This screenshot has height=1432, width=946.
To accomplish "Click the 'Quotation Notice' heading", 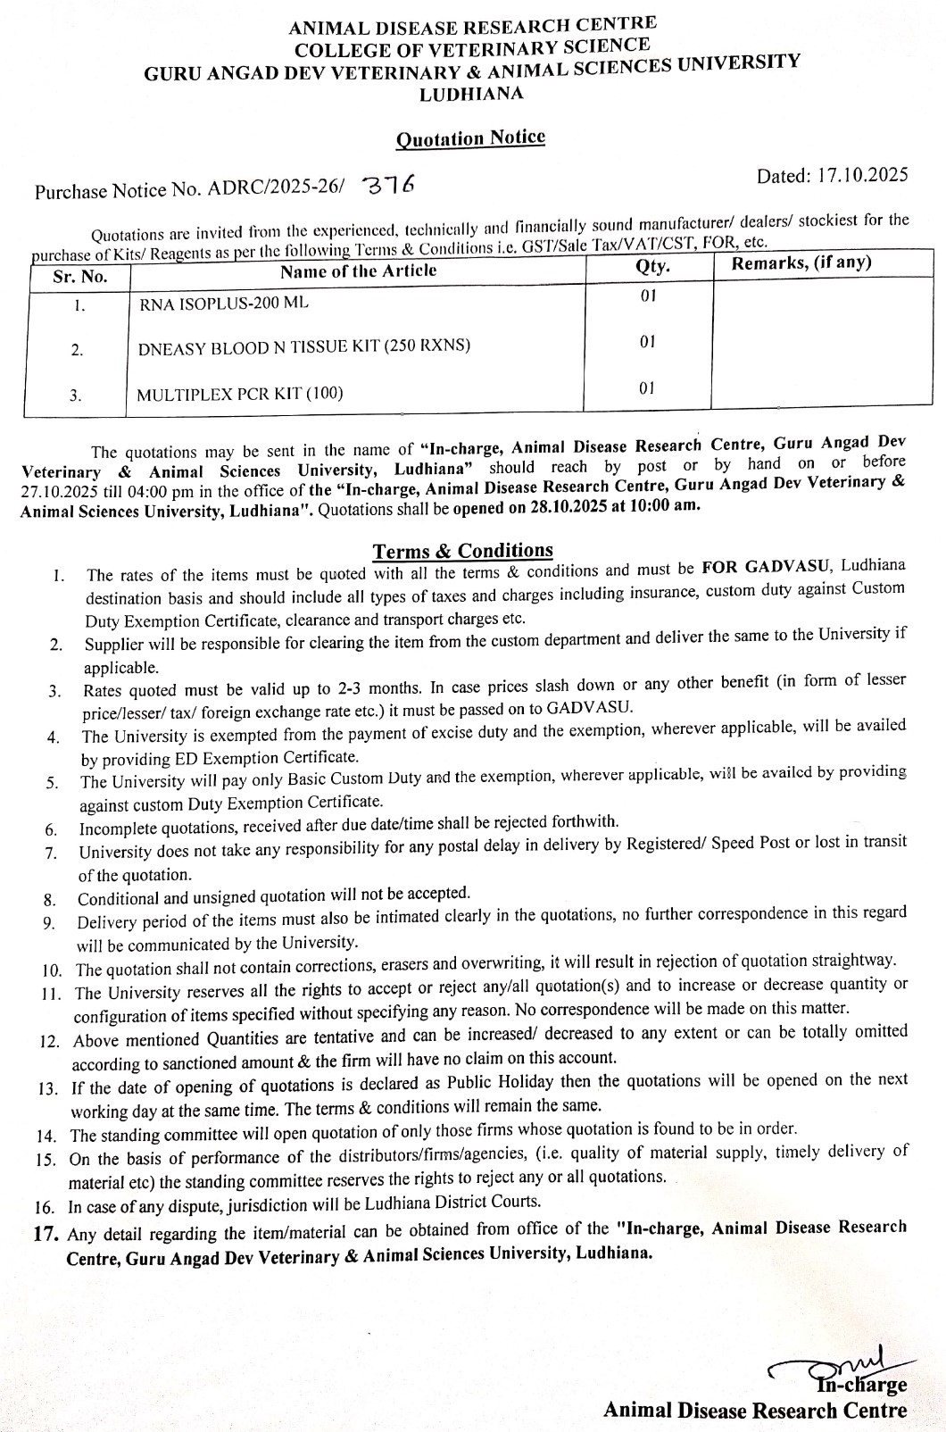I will (470, 138).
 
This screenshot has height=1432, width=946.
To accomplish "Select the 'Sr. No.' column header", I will (79, 277).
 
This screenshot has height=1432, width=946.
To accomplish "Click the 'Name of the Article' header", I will (358, 271).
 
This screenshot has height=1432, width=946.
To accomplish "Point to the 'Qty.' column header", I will (652, 266).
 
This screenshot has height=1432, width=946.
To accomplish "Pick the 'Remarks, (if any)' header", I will (801, 262).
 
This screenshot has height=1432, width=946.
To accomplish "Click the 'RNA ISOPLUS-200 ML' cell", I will (224, 303).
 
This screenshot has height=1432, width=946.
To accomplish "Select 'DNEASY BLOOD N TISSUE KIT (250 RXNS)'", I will (303, 346).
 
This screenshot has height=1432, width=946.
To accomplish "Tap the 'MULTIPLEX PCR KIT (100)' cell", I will (239, 393).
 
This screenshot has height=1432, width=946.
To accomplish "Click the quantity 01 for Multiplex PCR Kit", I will (647, 387).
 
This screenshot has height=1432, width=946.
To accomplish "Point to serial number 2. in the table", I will (77, 350).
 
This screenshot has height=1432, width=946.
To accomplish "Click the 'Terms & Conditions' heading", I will (462, 551).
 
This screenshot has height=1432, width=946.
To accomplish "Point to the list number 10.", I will (52, 970).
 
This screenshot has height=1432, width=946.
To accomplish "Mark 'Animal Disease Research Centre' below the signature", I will (755, 1411).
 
